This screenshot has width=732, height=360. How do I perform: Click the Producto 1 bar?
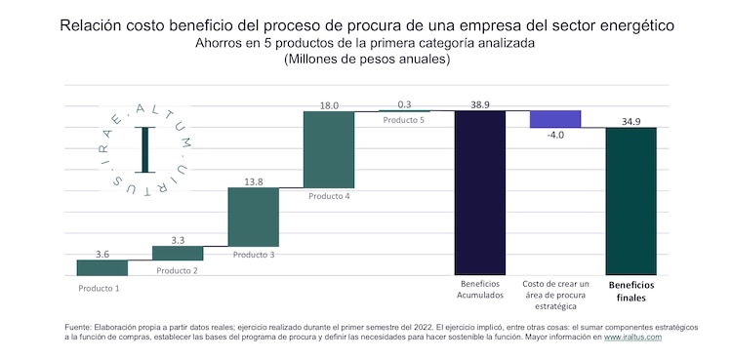point(102,267)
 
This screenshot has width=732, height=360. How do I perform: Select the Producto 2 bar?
point(178,253)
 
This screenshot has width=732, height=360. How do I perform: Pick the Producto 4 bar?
point(329,148)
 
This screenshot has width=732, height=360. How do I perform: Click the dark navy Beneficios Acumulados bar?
point(480,192)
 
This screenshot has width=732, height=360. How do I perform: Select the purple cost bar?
point(555,119)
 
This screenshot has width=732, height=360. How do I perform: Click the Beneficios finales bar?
point(631,201)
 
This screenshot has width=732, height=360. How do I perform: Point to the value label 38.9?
point(480,102)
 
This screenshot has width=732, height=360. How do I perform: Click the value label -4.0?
point(555,136)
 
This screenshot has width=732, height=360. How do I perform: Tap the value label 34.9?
point(631,120)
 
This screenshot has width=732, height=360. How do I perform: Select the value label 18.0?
point(329,103)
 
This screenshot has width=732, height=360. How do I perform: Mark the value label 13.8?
point(253,180)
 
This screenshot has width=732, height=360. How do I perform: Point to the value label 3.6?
point(102,254)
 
